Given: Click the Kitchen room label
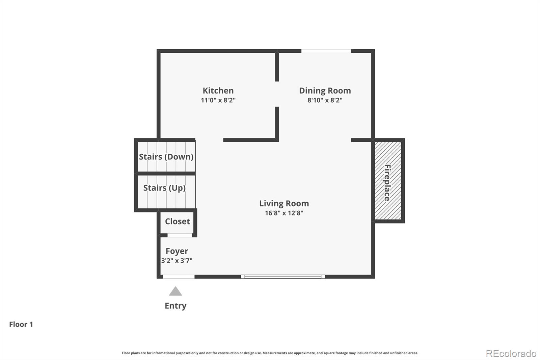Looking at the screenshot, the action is [218, 91].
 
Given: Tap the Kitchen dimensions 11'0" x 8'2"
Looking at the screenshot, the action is [218, 100].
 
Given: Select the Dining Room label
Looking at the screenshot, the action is [325, 91].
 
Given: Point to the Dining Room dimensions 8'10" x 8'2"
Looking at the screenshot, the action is [325, 100].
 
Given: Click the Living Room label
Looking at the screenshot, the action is [284, 203].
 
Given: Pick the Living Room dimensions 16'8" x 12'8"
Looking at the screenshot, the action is [284, 213].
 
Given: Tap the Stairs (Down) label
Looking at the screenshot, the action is [166, 157].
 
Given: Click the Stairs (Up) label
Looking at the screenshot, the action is [164, 188].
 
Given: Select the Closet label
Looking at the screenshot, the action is [178, 221].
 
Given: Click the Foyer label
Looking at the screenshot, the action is [177, 251].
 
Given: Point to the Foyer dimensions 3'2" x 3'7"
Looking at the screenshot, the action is [177, 261].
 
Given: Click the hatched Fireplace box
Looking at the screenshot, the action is [388, 180].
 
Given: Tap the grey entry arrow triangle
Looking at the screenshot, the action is [175, 291].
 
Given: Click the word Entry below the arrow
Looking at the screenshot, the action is [175, 306].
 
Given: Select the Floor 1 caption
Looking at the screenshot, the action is [21, 324].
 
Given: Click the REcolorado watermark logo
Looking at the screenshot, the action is [511, 354].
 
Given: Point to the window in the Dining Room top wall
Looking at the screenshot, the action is [326, 51].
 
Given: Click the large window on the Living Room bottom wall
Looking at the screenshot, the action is [283, 277].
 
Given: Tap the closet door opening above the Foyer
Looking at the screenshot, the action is [180, 235].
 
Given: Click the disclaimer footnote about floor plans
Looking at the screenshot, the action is [270, 353].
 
